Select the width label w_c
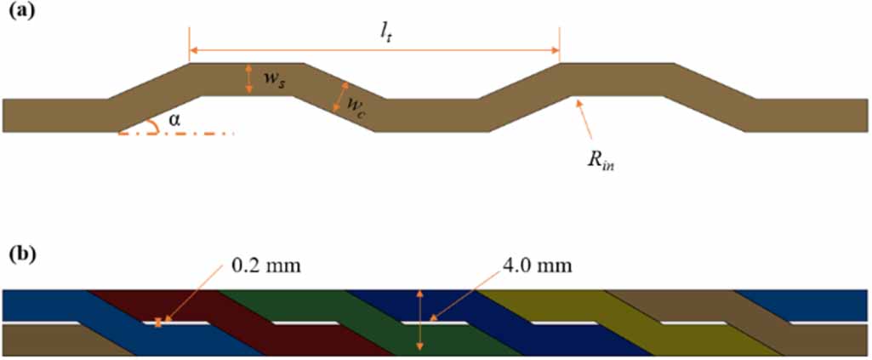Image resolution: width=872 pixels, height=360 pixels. (356, 103)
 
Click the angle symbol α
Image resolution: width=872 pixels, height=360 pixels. (174, 120)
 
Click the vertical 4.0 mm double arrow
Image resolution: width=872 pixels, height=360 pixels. (419, 320)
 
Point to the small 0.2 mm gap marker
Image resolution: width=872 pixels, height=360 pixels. (158, 323)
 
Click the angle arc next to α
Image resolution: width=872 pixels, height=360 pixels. (154, 128)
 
